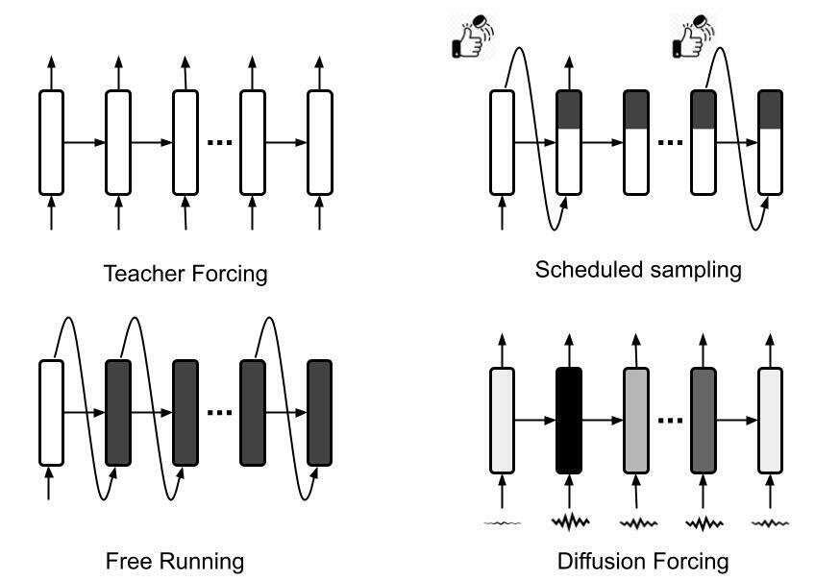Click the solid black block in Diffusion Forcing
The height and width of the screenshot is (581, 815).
coord(569,420)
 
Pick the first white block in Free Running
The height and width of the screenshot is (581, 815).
coord(51,411)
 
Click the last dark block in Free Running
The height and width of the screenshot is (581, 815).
coord(319,411)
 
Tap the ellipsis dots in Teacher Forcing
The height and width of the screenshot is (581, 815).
coord(219,143)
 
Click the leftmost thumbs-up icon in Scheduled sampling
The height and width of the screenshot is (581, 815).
coord(473,37)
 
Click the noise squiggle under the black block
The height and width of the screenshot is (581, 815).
coord(569,522)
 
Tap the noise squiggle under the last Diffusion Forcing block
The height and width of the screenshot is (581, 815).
coord(770,523)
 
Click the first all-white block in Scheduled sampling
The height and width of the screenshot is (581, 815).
coord(503,142)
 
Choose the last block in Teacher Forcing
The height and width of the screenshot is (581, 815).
coord(319,142)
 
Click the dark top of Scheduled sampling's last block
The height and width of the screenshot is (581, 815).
coord(770,109)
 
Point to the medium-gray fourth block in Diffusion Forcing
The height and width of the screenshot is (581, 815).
coord(703,420)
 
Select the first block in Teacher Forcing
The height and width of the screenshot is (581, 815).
coord(51,142)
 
